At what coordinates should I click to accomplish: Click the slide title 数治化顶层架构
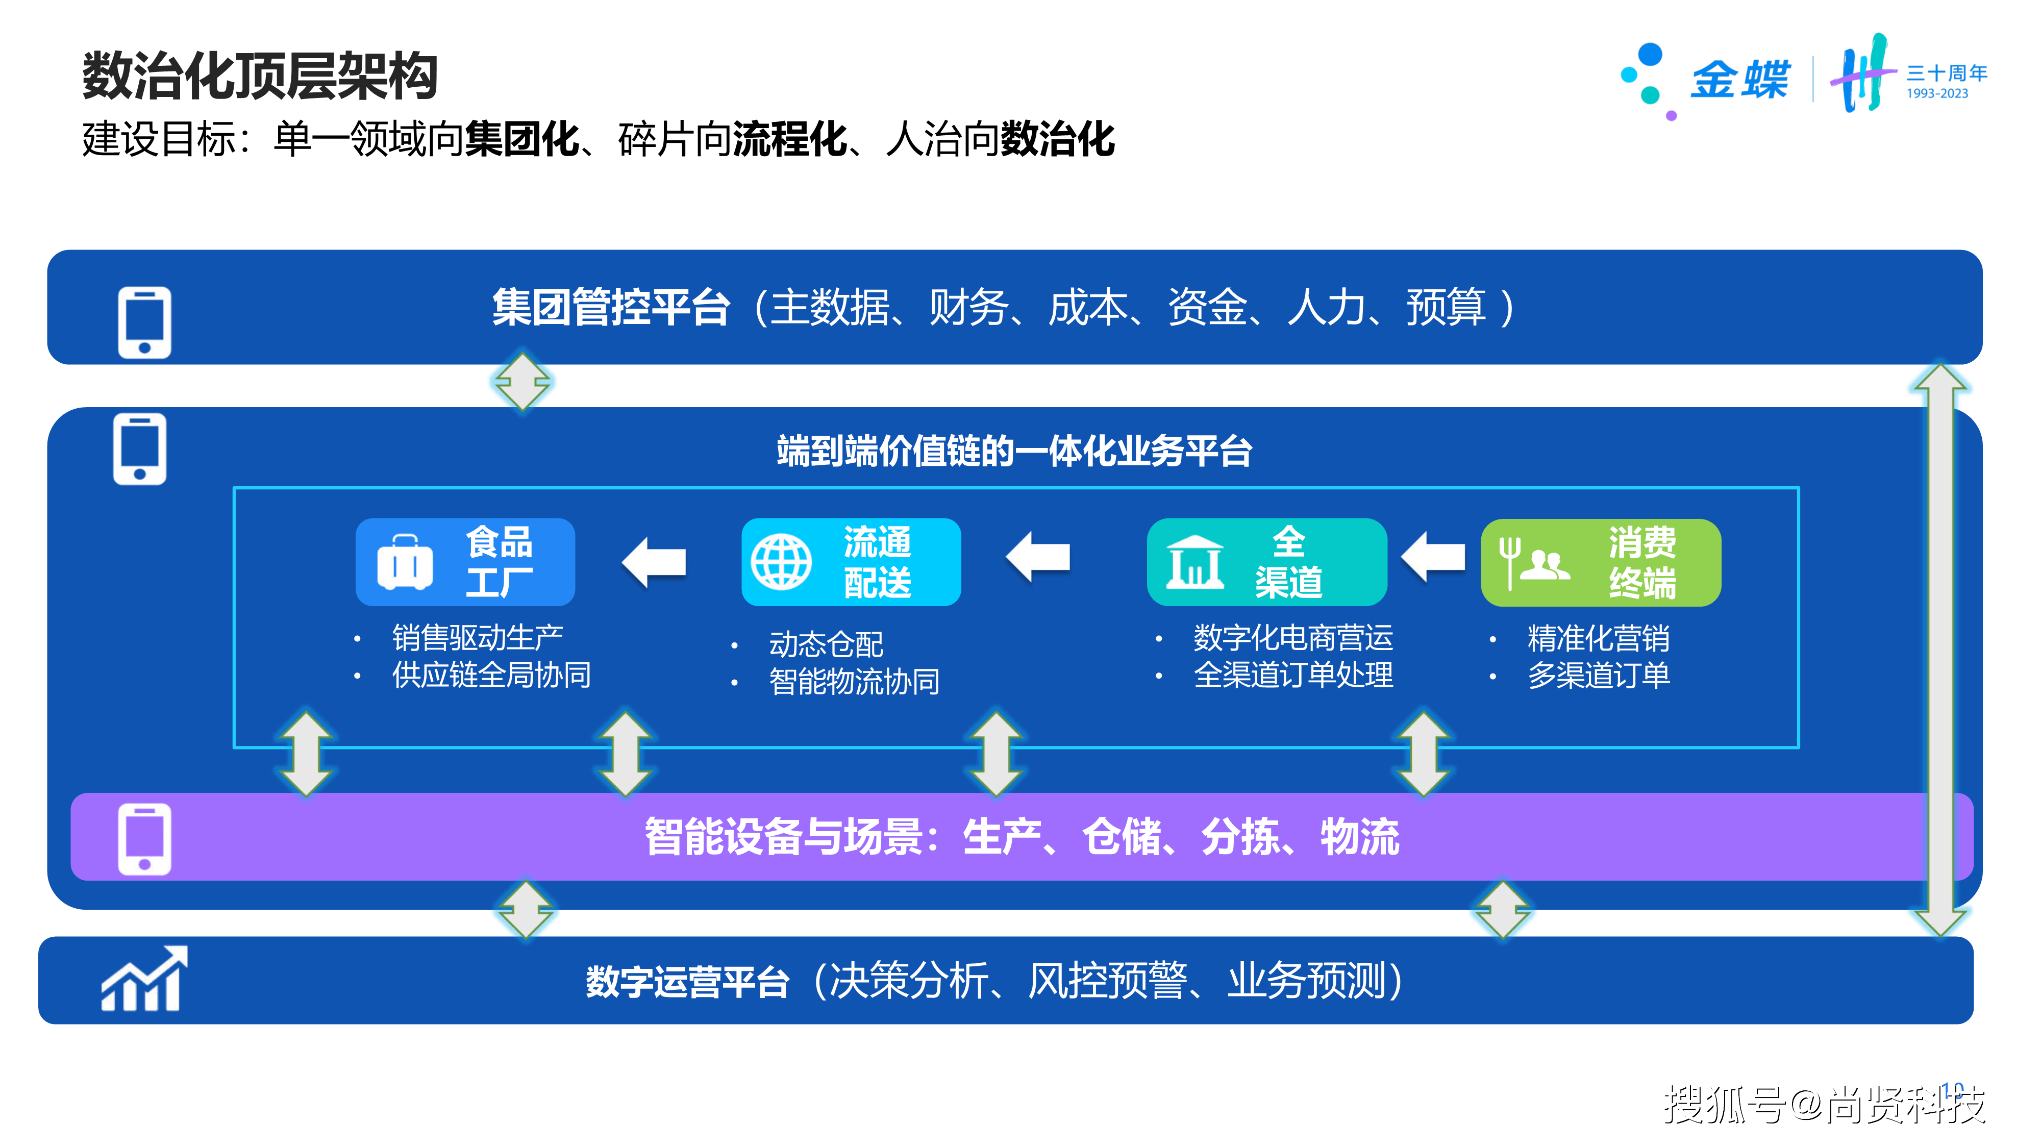coord(260,76)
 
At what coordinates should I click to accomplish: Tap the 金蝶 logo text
coord(1740,79)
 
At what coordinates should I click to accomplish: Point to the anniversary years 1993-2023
coord(1937,93)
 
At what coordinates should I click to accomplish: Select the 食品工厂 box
coord(465,562)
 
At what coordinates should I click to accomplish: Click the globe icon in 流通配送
coord(781,562)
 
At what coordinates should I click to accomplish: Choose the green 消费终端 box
coord(1601,562)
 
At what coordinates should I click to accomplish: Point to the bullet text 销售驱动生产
coord(478,637)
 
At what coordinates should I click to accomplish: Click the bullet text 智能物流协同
coord(854,681)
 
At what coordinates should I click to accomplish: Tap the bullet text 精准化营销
coord(1599,638)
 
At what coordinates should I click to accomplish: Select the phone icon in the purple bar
coord(144,839)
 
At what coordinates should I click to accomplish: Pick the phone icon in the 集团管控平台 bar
coord(144,322)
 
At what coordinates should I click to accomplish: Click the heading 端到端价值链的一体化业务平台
coord(1014,452)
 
